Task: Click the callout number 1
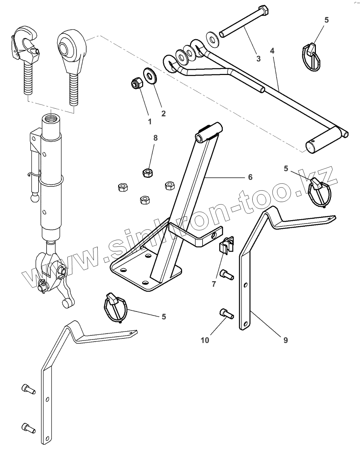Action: coord(150,121)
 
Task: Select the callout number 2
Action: coord(163,113)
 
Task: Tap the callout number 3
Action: coord(258,59)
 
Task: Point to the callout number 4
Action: coord(272,51)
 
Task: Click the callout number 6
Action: coord(250,177)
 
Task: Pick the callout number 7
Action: coord(214,284)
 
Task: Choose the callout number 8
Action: coord(155,138)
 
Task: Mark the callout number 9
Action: coord(285,340)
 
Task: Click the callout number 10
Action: coord(205,340)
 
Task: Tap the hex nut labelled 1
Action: coord(136,84)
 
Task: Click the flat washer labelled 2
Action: coord(150,76)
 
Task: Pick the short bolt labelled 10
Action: coord(227,314)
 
